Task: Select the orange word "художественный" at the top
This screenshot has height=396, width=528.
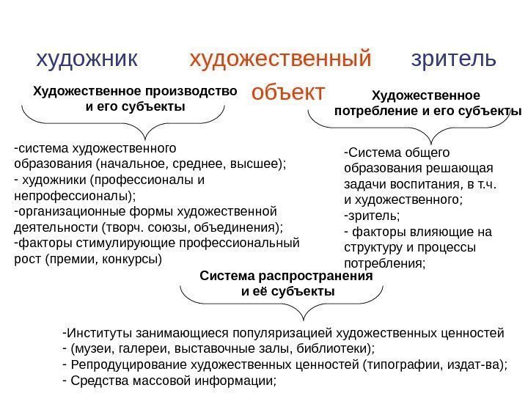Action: (x=281, y=58)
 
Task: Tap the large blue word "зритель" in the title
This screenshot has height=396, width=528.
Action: (x=454, y=58)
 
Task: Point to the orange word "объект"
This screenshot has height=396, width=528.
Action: (x=287, y=93)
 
